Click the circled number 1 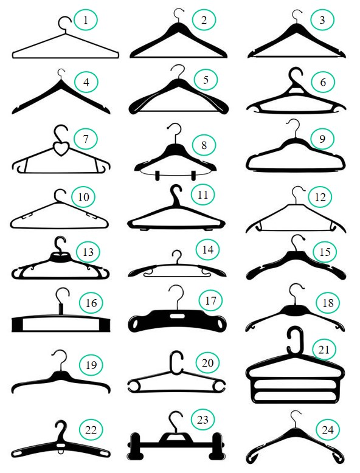point(86,20)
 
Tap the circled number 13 point(88,252)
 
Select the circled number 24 point(328,430)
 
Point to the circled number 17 point(210,300)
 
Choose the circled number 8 point(204,145)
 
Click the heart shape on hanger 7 point(61,149)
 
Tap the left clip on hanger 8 point(157,176)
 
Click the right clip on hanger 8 point(193,176)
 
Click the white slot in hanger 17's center point(177,316)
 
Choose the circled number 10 point(83,196)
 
